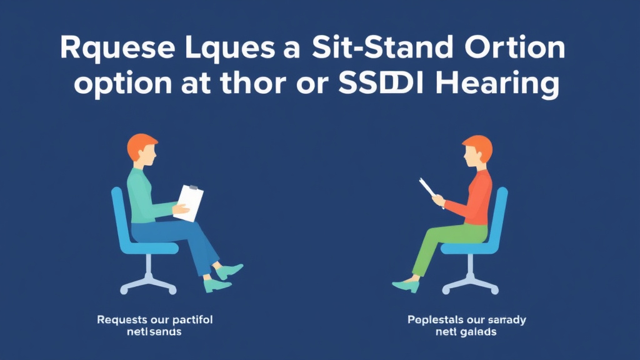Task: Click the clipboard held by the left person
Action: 189,201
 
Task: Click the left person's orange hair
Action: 142,146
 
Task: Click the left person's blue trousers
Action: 181,241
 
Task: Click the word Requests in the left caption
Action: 121,320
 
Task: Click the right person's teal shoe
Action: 405,286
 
